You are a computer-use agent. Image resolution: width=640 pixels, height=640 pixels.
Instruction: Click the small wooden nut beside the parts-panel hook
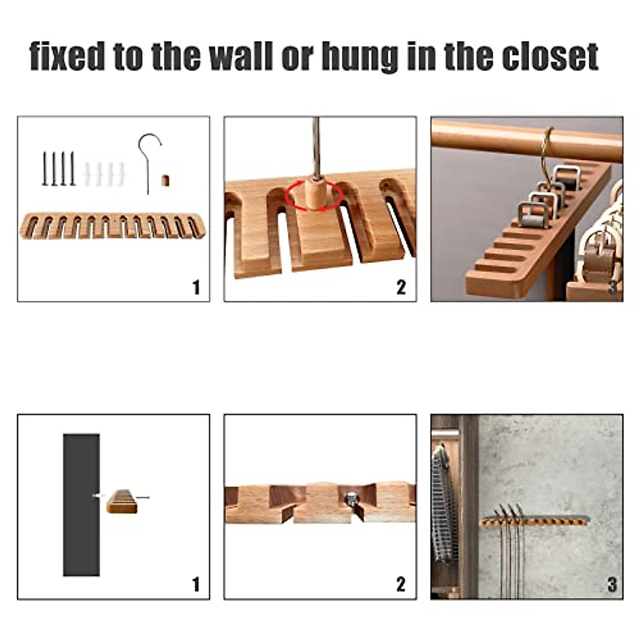click(165, 180)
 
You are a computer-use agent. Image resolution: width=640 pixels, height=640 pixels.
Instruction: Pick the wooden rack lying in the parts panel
click(113, 226)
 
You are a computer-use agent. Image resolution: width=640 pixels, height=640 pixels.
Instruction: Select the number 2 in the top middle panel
click(401, 287)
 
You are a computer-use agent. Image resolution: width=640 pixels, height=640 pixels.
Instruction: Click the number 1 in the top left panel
click(196, 287)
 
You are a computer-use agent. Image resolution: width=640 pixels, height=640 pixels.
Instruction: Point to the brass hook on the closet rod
click(546, 149)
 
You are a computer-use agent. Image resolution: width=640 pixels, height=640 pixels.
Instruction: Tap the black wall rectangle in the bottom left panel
click(81, 504)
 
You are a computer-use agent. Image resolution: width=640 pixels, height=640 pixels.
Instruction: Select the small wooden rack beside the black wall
click(122, 501)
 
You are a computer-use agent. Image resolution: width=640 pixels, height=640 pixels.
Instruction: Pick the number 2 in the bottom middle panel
click(401, 585)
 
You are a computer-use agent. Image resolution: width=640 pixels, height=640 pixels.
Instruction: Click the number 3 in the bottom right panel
click(612, 585)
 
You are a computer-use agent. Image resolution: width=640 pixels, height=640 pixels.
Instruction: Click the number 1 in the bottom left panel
click(196, 585)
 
